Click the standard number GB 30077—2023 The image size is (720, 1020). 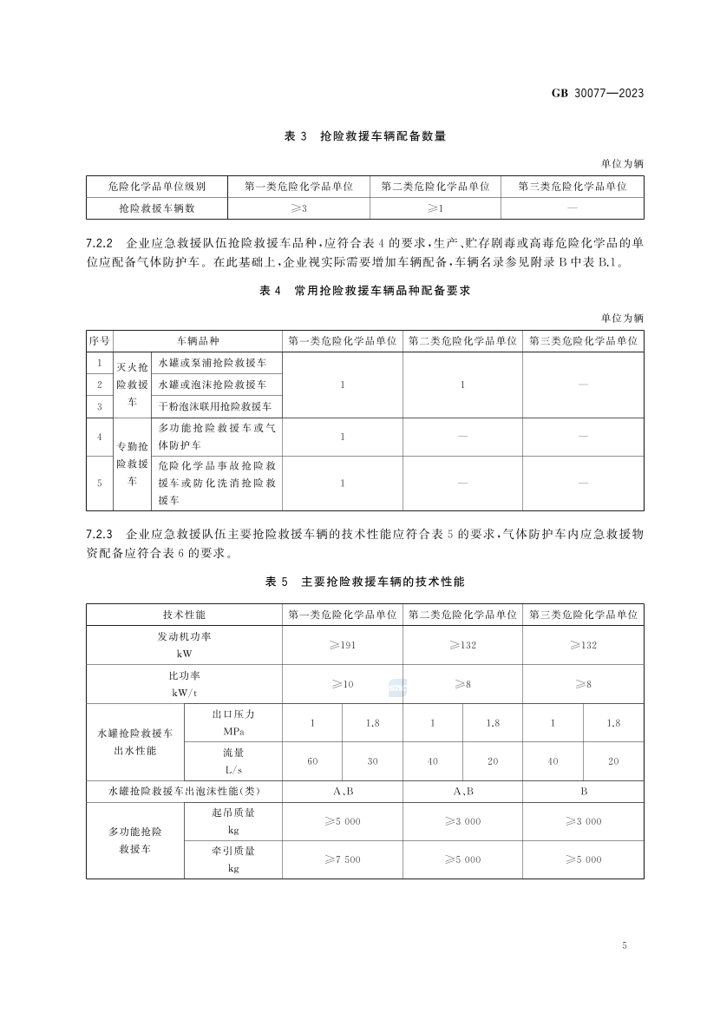pyautogui.click(x=598, y=94)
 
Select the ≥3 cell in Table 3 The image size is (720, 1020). pyautogui.click(x=298, y=208)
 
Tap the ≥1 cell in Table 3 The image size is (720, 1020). pyautogui.click(x=435, y=208)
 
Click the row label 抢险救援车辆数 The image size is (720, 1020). pyautogui.click(x=156, y=208)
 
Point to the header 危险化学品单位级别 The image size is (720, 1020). pyautogui.click(x=156, y=186)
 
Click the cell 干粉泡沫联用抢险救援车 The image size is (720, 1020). pyautogui.click(x=215, y=406)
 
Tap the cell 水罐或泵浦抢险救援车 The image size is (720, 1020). pyautogui.click(x=213, y=362)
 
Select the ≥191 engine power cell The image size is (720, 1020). pyautogui.click(x=342, y=645)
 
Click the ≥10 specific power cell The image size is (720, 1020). pyautogui.click(x=342, y=684)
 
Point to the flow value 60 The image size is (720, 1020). pyautogui.click(x=312, y=761)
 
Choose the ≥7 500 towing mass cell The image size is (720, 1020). pyautogui.click(x=342, y=859)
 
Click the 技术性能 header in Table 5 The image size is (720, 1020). pyautogui.click(x=184, y=614)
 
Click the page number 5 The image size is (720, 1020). pyautogui.click(x=625, y=946)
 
